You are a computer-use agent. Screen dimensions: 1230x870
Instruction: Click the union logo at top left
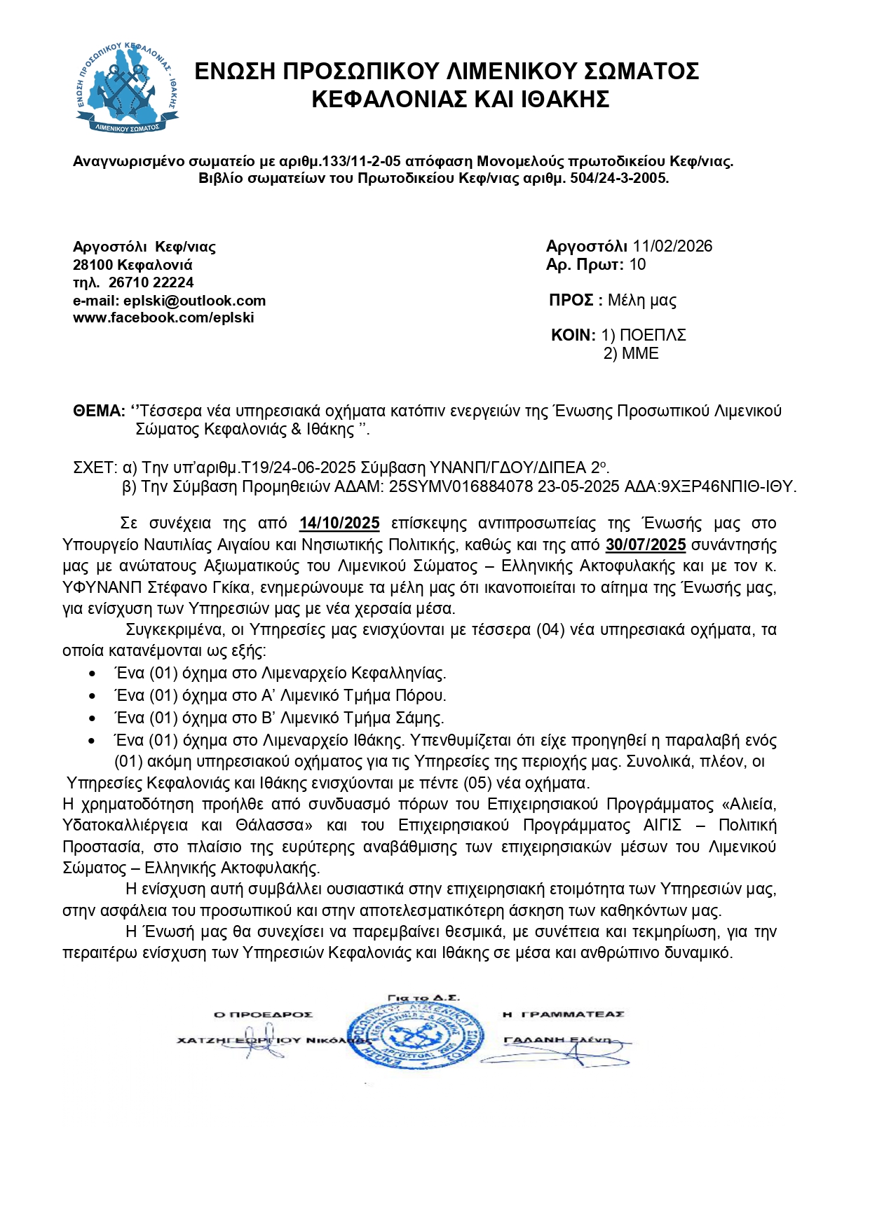tap(126, 87)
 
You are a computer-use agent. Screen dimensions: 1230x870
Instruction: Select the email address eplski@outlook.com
tap(194, 301)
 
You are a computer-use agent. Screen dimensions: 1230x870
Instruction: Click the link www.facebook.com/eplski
tap(163, 317)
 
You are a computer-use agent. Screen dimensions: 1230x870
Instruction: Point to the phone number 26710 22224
tap(151, 282)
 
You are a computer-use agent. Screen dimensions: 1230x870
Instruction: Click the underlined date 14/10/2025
tap(339, 524)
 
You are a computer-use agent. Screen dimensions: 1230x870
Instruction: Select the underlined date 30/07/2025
tap(646, 545)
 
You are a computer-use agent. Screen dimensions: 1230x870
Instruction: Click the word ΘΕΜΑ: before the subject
tap(99, 411)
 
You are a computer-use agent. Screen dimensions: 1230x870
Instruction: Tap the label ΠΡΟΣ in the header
tap(571, 301)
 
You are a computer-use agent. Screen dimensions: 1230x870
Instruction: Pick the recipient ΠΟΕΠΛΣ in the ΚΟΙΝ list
tap(652, 335)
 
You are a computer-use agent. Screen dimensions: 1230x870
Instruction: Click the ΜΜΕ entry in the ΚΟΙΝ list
tap(640, 353)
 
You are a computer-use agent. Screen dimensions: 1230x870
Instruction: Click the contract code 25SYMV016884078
tap(461, 486)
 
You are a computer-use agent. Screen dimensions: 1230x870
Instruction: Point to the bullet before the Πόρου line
tap(93, 696)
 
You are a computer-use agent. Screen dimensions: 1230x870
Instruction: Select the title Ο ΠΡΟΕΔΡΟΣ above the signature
tap(263, 1014)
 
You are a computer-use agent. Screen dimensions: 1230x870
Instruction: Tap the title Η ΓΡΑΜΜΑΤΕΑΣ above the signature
tap(564, 1014)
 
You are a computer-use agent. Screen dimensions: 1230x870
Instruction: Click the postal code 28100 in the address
tap(93, 265)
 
